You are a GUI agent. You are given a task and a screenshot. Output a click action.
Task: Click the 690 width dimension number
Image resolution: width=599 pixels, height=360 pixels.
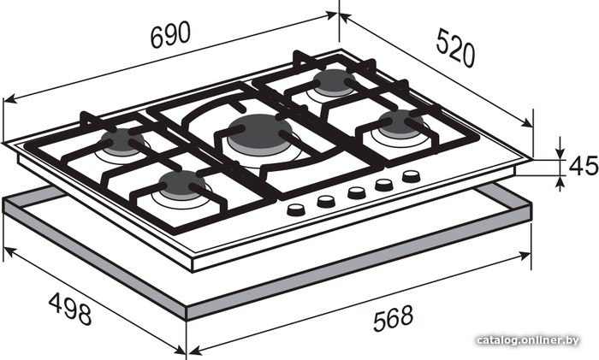pos(170,35)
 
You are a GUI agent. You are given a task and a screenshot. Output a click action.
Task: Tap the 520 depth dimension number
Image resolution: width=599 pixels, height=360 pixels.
pos(456,47)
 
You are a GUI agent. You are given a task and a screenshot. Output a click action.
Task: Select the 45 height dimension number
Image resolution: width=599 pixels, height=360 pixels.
pos(584,166)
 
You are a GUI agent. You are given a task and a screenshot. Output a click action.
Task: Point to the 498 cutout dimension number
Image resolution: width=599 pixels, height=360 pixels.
pos(70,308)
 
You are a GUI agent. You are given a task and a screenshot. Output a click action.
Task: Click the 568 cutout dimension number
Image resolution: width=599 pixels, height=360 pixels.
pos(393,318)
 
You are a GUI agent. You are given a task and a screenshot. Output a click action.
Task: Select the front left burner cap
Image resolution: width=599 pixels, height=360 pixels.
pos(182,185)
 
